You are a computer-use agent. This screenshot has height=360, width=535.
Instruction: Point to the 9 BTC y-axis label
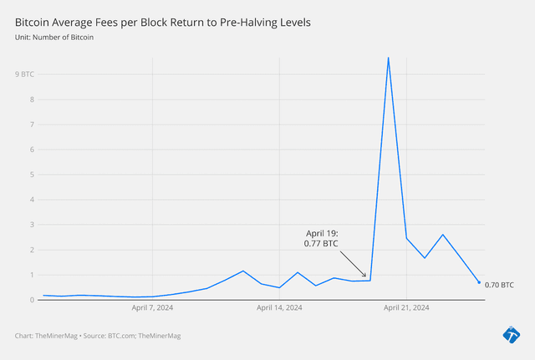click(x=24, y=74)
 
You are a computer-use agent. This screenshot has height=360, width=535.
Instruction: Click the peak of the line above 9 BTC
click(x=388, y=58)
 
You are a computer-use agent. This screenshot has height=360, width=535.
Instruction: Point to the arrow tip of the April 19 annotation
click(x=366, y=277)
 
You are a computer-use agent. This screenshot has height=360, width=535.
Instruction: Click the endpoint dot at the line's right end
click(x=479, y=282)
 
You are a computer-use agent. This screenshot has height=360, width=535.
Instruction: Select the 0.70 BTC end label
click(x=499, y=286)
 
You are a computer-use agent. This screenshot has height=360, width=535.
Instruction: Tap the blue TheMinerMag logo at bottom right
click(x=511, y=335)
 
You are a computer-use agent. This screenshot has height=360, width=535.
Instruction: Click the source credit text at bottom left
click(x=98, y=336)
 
